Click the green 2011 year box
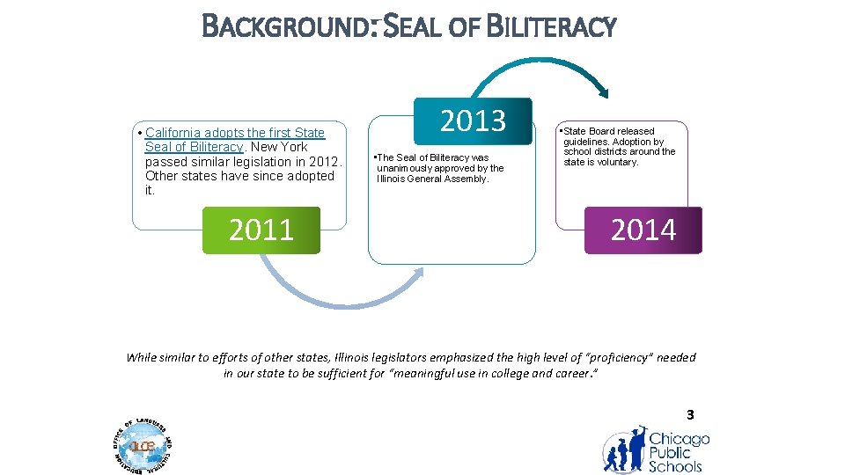point(261,230)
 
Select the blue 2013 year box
point(473,121)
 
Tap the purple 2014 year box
point(643,230)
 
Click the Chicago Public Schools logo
point(655,449)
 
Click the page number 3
point(690,414)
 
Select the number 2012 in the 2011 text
point(313,161)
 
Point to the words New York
point(279,147)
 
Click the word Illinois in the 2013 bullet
point(392,179)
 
